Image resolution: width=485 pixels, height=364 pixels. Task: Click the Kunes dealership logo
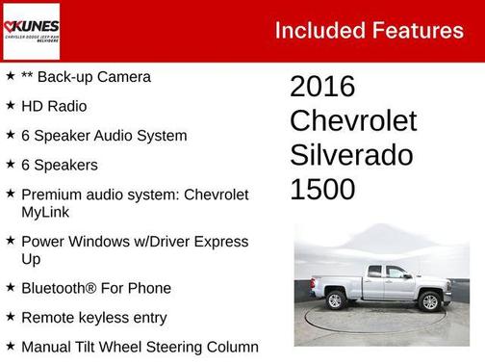[33, 30]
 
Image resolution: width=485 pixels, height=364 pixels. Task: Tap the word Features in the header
[417, 30]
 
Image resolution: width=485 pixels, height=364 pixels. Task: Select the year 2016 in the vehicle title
[322, 87]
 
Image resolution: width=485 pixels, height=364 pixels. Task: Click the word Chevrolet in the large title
[353, 121]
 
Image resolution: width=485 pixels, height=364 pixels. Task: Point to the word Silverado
[351, 155]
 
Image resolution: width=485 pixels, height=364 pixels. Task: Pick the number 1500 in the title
[322, 189]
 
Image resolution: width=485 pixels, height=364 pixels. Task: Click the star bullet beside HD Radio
[10, 106]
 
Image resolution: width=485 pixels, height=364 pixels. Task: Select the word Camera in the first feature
[123, 76]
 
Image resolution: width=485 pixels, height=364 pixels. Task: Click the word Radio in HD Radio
[66, 106]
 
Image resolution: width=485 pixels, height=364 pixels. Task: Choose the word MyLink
[46, 211]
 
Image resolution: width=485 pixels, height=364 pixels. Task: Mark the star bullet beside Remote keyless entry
[10, 318]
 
